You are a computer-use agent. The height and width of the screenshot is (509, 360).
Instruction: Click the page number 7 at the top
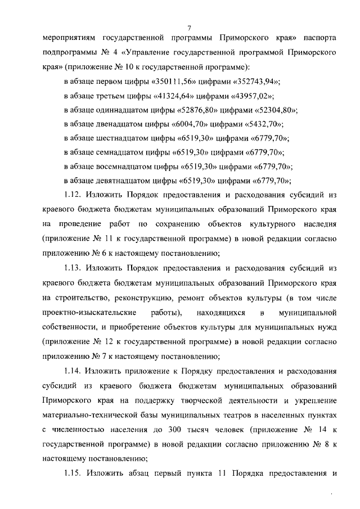tap(190, 28)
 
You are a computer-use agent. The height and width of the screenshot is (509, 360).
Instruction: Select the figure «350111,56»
tap(171, 82)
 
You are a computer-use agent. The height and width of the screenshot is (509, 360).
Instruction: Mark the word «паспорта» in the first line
tap(319, 39)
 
